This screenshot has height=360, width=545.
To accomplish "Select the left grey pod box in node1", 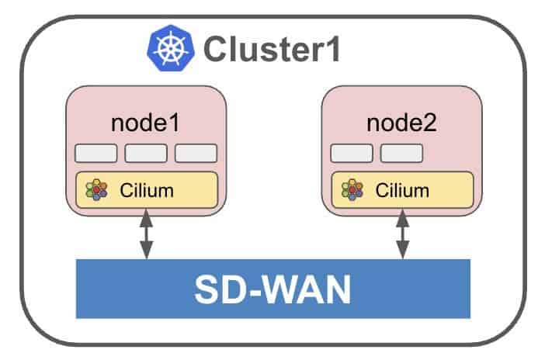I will (96, 153).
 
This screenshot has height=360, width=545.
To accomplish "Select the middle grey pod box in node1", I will (146, 153).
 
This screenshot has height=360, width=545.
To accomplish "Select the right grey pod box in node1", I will (196, 153).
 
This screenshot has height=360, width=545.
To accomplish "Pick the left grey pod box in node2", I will (351, 153).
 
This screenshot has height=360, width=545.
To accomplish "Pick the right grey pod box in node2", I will (401, 153).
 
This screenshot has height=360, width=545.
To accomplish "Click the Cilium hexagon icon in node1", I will (96, 189).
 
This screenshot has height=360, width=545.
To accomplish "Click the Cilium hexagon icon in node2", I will (352, 189).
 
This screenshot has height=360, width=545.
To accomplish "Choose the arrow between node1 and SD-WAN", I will (146, 237).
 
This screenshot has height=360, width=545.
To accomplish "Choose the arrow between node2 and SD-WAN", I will (402, 237).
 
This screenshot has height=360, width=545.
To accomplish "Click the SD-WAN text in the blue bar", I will (272, 289).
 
